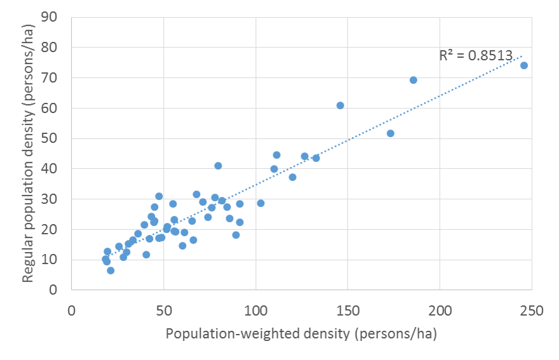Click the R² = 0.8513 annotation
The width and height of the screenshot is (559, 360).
click(475, 56)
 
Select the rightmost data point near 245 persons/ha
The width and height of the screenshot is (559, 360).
click(524, 65)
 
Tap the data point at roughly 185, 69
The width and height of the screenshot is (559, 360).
click(414, 80)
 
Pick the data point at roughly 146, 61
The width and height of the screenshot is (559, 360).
click(340, 105)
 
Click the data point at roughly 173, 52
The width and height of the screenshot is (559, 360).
click(391, 133)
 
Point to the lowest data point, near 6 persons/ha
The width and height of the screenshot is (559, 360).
click(111, 270)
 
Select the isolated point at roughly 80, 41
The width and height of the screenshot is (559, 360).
click(218, 166)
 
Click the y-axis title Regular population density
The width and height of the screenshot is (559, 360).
click(28, 154)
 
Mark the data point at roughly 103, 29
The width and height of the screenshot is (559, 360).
click(260, 203)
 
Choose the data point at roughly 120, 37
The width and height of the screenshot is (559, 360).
click(292, 177)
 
